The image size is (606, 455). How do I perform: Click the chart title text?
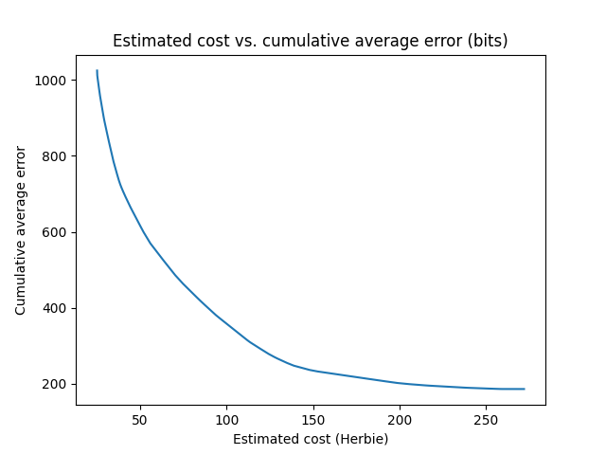click(310, 41)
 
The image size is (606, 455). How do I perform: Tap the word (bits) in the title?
click(489, 41)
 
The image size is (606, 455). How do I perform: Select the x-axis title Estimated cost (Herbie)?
click(310, 439)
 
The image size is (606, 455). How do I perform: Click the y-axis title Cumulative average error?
click(21, 230)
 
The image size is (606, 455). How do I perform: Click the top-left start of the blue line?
click(97, 70)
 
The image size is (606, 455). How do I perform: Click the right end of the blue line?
click(524, 389)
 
